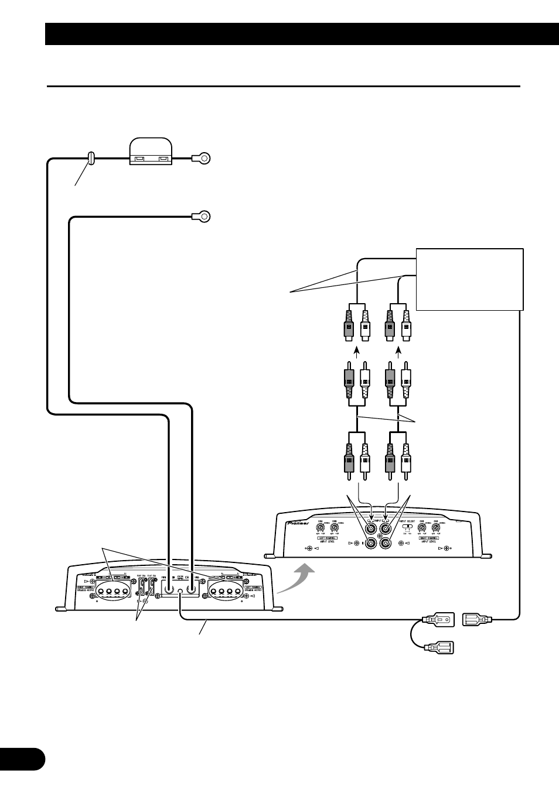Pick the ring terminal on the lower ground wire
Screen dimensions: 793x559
click(202, 218)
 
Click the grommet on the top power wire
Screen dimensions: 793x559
click(91, 158)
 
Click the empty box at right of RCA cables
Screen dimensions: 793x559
click(469, 279)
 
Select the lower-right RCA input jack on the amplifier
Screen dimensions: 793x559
click(386, 543)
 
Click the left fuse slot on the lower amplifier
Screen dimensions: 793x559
click(142, 588)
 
